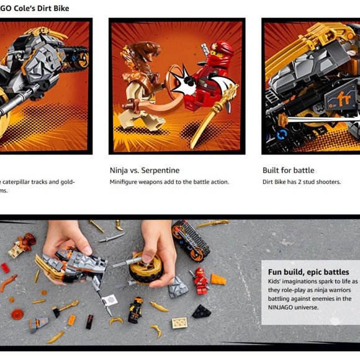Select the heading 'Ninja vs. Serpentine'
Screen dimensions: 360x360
[x=145, y=170]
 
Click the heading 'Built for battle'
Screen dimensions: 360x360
[x=288, y=170]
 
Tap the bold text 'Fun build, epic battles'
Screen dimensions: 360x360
[x=308, y=272]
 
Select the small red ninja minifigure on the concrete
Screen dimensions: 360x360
[x=200, y=281]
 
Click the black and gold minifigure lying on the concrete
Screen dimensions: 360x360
[x=135, y=309]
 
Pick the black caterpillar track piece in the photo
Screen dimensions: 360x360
[x=189, y=240]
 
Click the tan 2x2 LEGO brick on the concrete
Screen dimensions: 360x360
[x=179, y=323]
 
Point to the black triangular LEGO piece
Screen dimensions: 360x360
[x=201, y=311]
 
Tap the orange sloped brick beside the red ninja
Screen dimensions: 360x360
[x=217, y=279]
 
